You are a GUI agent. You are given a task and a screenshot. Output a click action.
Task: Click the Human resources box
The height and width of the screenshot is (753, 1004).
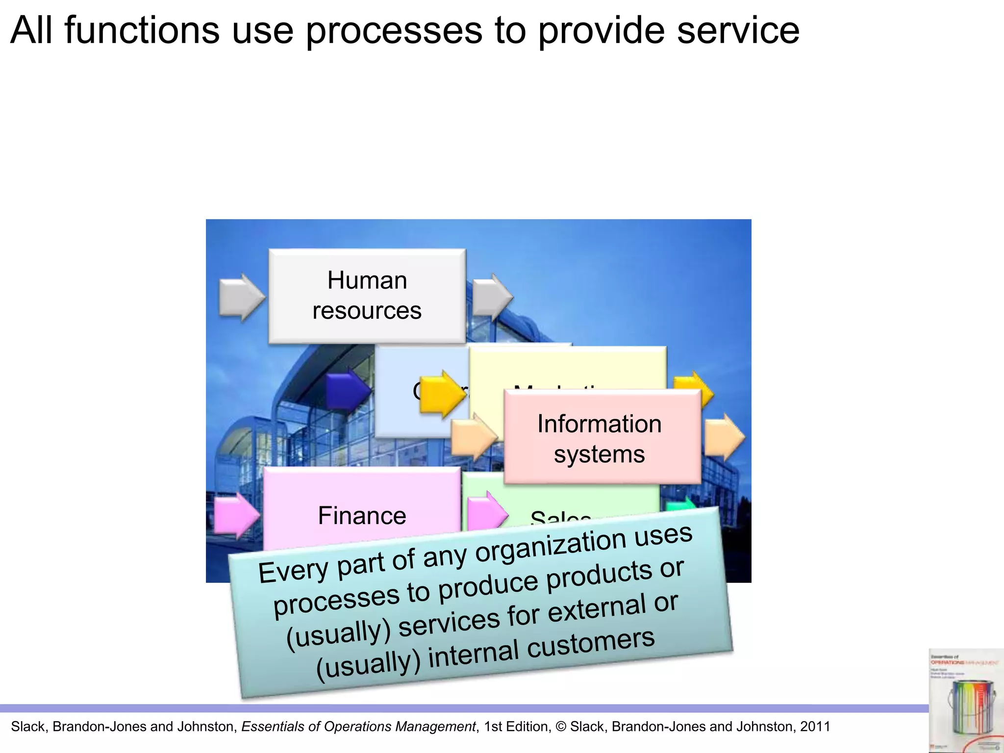(367, 296)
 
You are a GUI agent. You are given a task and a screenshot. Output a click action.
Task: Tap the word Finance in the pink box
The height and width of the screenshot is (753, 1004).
(362, 516)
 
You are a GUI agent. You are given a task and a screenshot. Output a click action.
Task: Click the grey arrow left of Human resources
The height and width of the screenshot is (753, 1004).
(241, 297)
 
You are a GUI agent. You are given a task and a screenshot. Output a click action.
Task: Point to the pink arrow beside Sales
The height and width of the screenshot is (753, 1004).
(487, 513)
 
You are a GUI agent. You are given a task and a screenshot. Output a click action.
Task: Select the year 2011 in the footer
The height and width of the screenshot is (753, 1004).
(815, 727)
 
